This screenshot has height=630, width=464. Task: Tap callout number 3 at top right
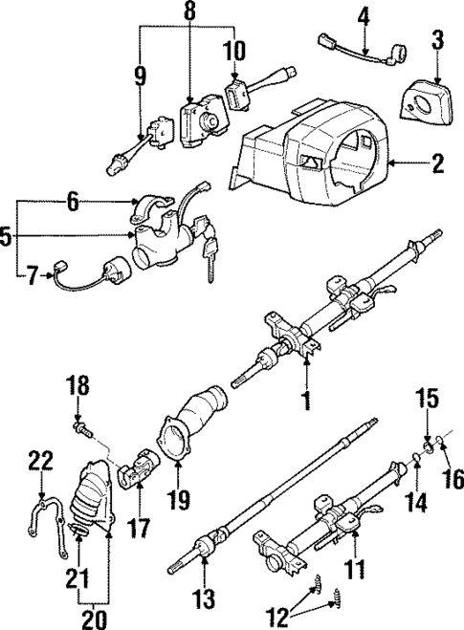click(437, 40)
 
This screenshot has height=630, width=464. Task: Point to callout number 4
click(364, 15)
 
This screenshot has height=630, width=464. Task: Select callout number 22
click(37, 460)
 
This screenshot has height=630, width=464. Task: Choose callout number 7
click(33, 278)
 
